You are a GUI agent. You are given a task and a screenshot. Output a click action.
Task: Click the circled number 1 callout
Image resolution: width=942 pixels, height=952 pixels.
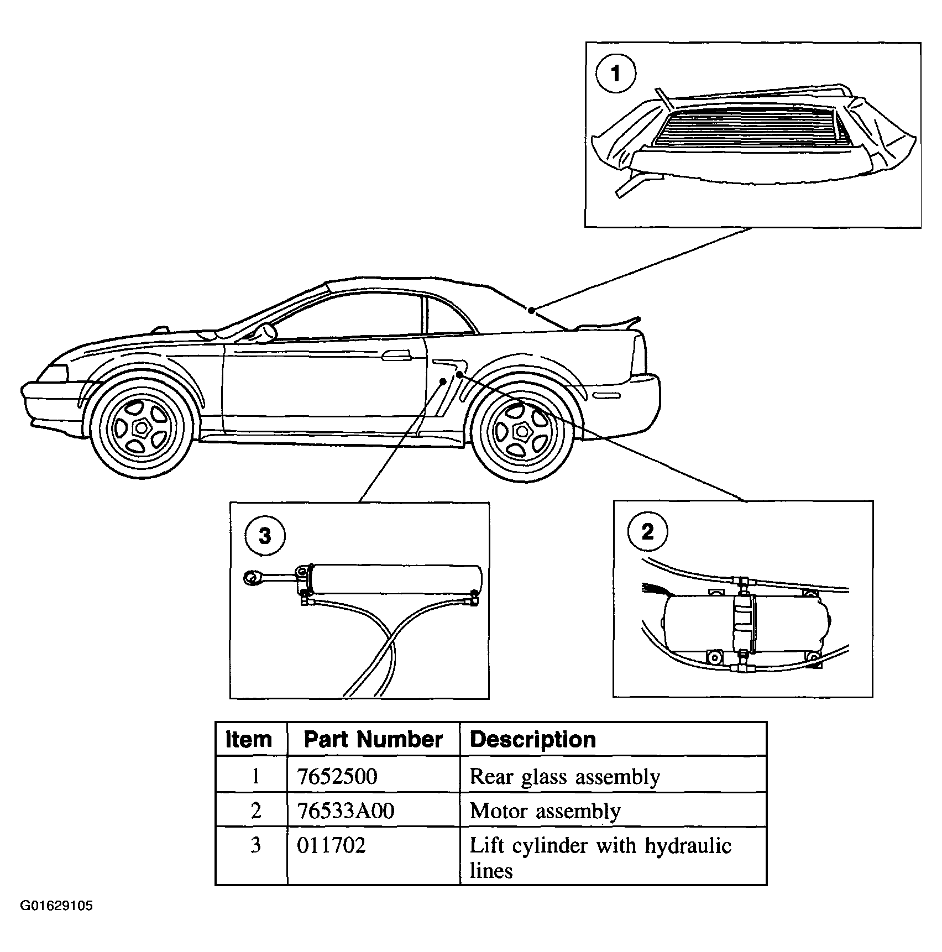point(616,73)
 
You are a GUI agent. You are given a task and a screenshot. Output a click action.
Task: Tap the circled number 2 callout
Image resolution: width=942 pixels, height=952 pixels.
point(647,532)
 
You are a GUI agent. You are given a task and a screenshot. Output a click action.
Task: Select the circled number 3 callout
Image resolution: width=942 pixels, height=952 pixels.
point(265,536)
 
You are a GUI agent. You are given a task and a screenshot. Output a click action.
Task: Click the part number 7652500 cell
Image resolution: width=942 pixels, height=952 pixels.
point(337,776)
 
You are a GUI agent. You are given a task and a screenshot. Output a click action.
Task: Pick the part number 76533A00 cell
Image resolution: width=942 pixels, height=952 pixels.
point(346,811)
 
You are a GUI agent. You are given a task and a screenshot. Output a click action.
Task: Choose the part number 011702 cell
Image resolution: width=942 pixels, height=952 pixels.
point(331,845)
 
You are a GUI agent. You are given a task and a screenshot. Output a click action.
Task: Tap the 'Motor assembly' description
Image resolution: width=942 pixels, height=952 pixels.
point(545,812)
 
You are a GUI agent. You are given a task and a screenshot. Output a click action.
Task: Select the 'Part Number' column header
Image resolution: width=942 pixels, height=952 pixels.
point(373,740)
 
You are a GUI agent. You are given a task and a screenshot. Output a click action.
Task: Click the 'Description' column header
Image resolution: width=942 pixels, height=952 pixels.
point(532,740)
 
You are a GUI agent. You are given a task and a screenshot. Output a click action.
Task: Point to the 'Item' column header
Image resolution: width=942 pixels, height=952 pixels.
point(249,740)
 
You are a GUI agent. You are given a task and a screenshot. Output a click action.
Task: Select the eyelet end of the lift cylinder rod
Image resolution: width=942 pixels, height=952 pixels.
point(252,578)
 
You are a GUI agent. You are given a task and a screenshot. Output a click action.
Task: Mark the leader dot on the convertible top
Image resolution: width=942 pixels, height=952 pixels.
point(531,310)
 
